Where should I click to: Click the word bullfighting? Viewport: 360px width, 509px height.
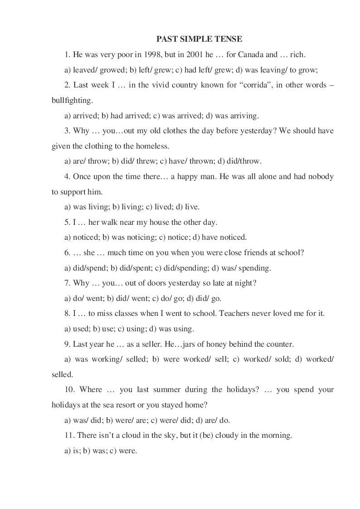point(72,101)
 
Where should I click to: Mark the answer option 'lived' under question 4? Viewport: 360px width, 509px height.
point(161,207)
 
